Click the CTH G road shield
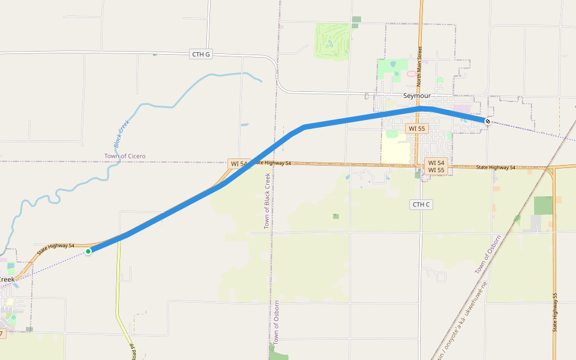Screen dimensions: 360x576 [201, 55]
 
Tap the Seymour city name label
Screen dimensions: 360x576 [416, 96]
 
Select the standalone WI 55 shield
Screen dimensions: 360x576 [416, 128]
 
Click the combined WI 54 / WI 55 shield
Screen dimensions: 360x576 [436, 166]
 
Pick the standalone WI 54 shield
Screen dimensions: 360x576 [238, 164]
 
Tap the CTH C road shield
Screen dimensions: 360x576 [421, 205]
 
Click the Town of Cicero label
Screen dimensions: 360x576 [125, 157]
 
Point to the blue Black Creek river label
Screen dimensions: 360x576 [121, 134]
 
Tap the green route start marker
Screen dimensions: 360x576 [88, 251]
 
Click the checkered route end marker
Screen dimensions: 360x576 [488, 122]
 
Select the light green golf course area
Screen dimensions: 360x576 [332, 41]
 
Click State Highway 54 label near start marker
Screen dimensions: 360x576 [56, 249]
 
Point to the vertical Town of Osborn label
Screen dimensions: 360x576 [276, 322]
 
